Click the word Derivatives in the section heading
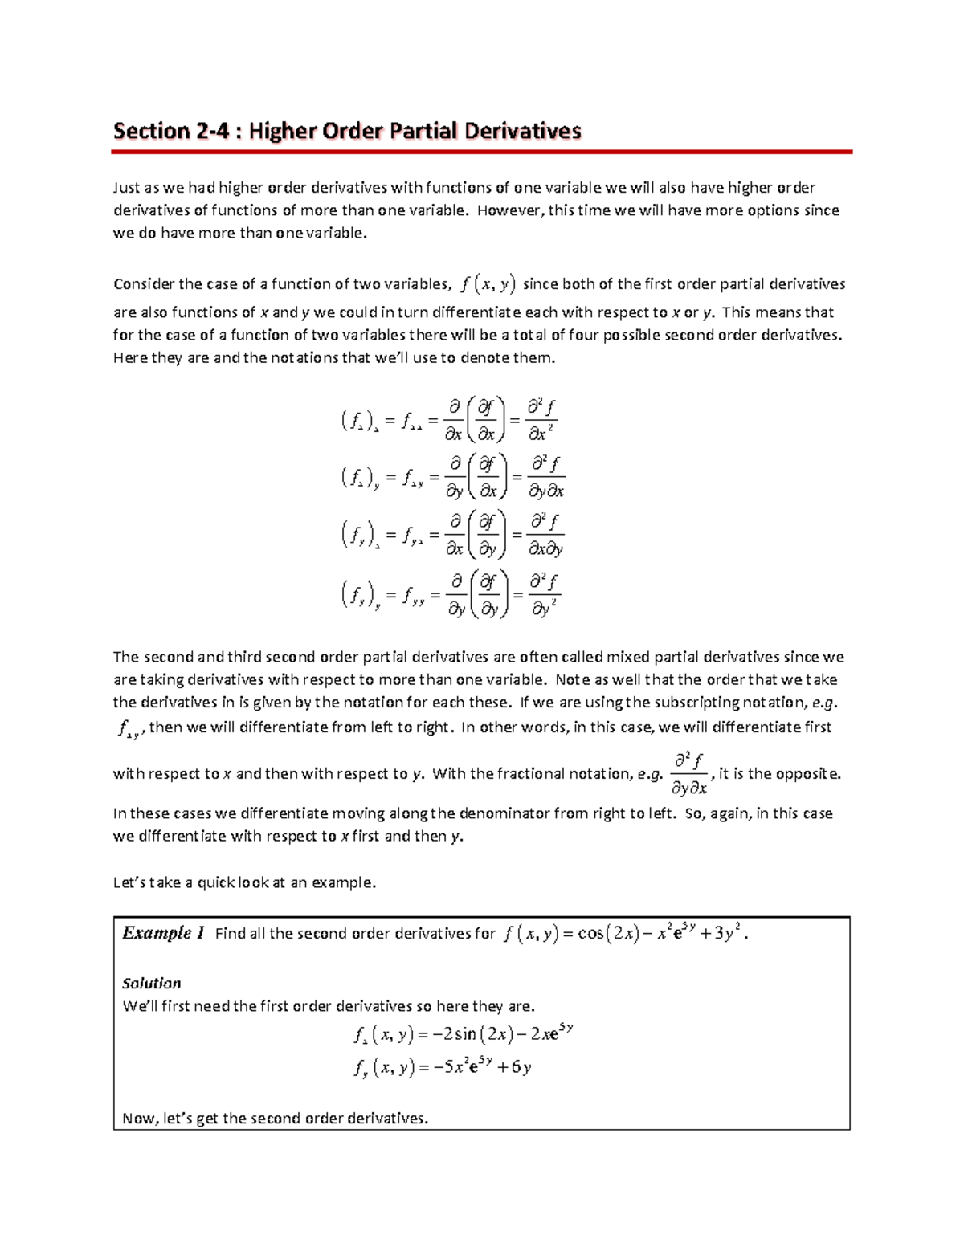pyautogui.click(x=519, y=131)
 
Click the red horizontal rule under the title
pyautogui.click(x=482, y=151)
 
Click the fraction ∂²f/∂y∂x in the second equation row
pyautogui.click(x=544, y=478)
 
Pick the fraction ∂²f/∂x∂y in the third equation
pyautogui.click(x=545, y=535)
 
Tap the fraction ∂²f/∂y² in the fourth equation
pyautogui.click(x=544, y=593)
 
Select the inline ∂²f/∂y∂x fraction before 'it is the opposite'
pyautogui.click(x=688, y=773)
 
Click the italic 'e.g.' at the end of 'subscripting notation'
pyautogui.click(x=824, y=702)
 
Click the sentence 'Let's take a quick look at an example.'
pyautogui.click(x=244, y=882)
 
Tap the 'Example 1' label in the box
pyautogui.click(x=163, y=933)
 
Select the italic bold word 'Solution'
pyautogui.click(x=151, y=983)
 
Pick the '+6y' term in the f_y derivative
pyautogui.click(x=515, y=1067)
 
